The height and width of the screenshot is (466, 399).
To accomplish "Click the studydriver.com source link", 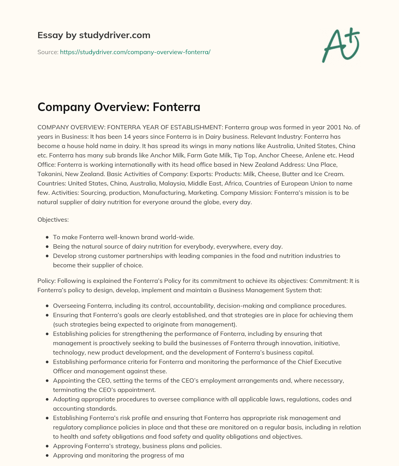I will click(135, 52).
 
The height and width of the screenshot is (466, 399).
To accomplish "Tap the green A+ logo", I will click(341, 46).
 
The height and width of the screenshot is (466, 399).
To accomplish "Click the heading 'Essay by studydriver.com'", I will click(94, 35).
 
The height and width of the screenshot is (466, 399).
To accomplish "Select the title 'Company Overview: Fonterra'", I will click(119, 107).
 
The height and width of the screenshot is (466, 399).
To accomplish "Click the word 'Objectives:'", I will click(53, 220).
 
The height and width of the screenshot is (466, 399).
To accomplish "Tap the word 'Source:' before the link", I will click(48, 52).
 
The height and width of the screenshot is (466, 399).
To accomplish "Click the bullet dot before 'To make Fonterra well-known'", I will click(47, 237).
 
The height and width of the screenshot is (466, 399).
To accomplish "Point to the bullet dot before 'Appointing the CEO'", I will click(47, 381).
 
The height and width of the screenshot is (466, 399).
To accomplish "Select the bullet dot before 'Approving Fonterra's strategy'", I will click(47, 446).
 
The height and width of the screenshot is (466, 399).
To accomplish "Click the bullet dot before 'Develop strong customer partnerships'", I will click(47, 256).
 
